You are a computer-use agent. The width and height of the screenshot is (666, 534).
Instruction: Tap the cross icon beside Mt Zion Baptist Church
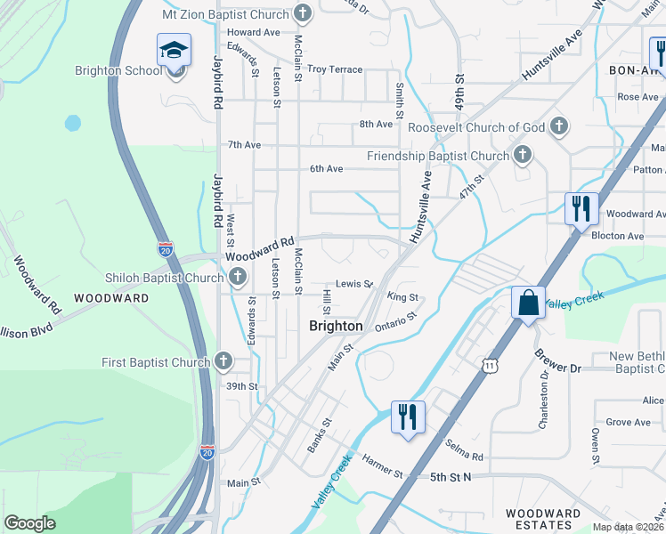(304, 14)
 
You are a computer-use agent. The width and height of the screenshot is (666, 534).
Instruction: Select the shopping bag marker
(528, 303)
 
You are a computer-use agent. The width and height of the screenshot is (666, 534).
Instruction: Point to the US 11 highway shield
(489, 365)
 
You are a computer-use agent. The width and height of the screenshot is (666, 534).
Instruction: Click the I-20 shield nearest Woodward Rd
(165, 249)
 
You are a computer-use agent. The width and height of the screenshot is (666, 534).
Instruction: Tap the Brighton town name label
(336, 326)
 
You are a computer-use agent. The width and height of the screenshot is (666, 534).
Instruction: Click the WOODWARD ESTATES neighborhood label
(543, 520)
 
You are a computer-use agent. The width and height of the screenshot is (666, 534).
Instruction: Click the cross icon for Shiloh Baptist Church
(238, 279)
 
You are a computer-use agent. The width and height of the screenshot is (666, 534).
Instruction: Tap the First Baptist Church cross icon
(223, 362)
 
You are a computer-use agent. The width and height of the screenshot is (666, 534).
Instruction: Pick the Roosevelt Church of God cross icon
(559, 127)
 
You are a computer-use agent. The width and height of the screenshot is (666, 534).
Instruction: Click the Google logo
(29, 523)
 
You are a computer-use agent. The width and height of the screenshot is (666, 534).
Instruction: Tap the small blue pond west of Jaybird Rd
(72, 123)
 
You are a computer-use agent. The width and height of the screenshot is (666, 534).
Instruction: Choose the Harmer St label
(383, 464)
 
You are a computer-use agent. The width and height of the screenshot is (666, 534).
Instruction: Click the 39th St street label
(241, 386)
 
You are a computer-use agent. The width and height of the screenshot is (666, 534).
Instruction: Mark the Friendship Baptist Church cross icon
(523, 157)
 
